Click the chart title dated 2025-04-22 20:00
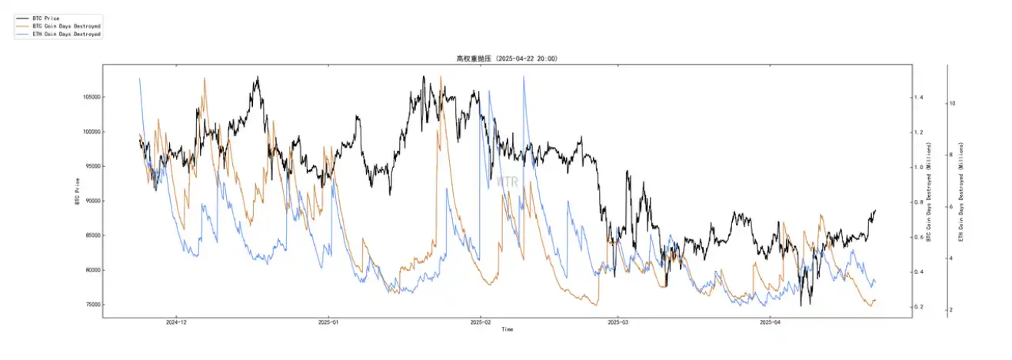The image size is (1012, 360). click(x=506, y=58)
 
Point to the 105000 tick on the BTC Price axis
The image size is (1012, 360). click(x=92, y=97)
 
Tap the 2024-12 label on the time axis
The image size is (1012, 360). click(x=177, y=323)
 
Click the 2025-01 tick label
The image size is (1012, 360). click(x=329, y=323)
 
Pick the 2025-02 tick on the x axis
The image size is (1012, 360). click(x=481, y=323)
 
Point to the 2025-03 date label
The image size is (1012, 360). click(x=618, y=323)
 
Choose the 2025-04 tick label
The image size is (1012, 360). click(x=770, y=323)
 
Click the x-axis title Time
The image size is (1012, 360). click(x=507, y=329)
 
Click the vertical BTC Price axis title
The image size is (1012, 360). click(x=77, y=191)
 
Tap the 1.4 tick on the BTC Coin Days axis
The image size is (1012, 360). click(x=918, y=98)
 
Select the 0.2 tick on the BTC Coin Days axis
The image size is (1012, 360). click(x=918, y=308)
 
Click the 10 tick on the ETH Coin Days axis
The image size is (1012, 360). click(x=953, y=102)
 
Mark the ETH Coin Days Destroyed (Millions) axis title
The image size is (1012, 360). click(x=962, y=191)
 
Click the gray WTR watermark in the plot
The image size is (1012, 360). click(x=507, y=182)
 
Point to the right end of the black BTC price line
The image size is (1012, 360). click(x=875, y=211)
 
